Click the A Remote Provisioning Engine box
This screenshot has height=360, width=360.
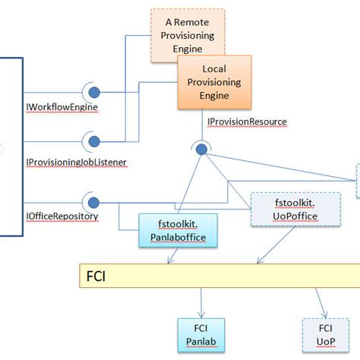(182, 34)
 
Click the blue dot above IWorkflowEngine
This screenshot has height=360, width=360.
(94, 93)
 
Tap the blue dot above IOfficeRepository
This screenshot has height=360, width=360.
(94, 203)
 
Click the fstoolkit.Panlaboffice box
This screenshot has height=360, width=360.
(177, 230)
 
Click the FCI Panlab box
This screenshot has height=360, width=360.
(201, 335)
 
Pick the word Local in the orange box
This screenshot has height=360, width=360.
(214, 69)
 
